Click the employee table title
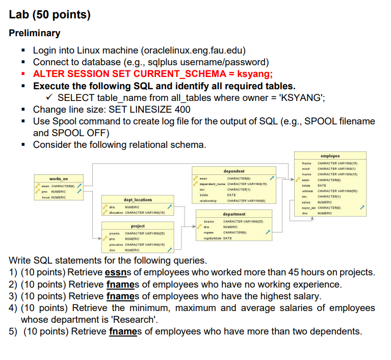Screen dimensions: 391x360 (x=330, y=156)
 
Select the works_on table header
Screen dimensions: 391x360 (x=58, y=179)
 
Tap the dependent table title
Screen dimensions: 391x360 (x=234, y=171)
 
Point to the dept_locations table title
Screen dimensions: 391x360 (x=138, y=200)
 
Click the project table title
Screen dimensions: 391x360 (x=138, y=225)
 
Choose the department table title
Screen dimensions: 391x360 (x=234, y=214)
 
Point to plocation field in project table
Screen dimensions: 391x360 (x=116, y=245)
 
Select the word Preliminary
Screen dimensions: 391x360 (x=35, y=33)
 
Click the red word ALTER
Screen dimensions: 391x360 (x=49, y=73)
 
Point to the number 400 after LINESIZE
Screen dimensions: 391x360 (x=181, y=109)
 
